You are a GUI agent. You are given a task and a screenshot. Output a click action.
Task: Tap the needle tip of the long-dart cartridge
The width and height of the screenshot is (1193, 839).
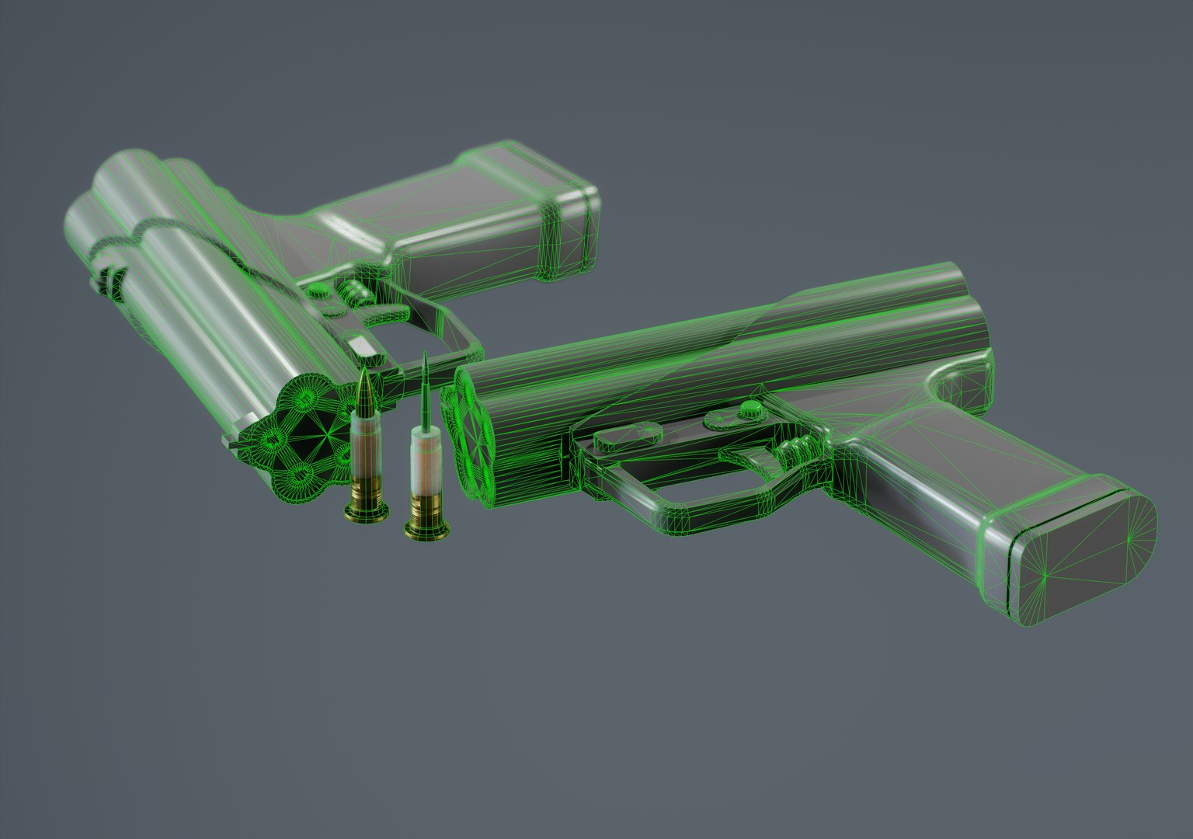click(425, 354)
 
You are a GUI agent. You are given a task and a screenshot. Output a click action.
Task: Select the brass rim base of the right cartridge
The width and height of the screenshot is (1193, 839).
click(426, 530)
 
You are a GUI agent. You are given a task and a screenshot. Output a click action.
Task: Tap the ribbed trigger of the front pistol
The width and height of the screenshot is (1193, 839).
click(792, 452)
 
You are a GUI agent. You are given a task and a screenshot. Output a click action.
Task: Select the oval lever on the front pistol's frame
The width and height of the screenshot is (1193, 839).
click(621, 437)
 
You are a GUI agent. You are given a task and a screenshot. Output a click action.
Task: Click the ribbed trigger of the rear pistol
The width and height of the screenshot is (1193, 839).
click(353, 293)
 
